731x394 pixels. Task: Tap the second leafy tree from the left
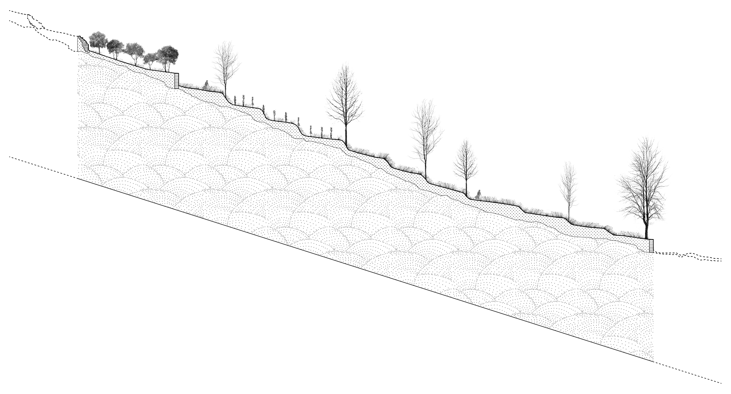[115, 47]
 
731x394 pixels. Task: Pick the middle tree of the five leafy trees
[134, 50]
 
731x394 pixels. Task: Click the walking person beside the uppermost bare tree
[206, 85]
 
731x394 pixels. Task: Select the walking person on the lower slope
[478, 195]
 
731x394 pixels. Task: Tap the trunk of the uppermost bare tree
[225, 86]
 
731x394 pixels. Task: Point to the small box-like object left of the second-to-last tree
[549, 210]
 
